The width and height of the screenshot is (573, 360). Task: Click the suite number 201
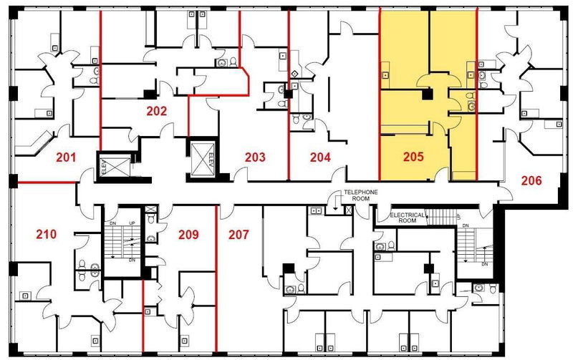pos(67,157)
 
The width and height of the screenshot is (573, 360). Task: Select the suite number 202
pos(157,112)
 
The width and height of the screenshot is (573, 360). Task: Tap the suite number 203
pos(256,157)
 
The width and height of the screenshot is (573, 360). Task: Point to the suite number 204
pos(319,157)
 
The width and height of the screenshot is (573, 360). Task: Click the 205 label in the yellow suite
pos(414,157)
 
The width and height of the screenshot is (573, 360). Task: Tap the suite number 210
pos(46,233)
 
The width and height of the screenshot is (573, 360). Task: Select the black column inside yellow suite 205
pos(427,94)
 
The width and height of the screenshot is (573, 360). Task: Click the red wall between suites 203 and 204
pos(289,93)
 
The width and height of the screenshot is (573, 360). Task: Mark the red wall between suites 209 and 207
pos(216,279)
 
